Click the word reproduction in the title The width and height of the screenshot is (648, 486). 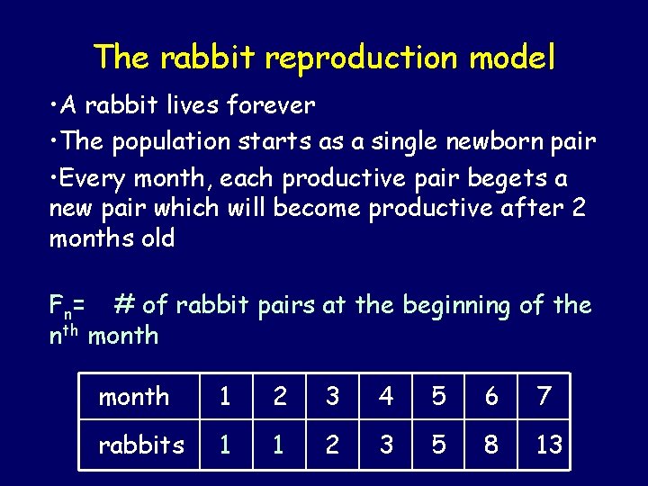click(x=363, y=58)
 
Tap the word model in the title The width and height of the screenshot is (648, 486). click(x=512, y=58)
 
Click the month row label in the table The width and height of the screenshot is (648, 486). click(x=134, y=396)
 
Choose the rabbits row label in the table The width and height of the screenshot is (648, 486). click(x=140, y=445)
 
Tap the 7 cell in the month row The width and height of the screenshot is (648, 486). click(x=544, y=396)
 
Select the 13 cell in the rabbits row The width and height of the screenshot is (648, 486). click(x=548, y=445)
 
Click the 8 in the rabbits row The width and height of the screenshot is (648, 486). click(x=491, y=445)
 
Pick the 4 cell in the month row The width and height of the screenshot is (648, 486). click(x=385, y=396)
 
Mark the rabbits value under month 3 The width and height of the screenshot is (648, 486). click(x=332, y=445)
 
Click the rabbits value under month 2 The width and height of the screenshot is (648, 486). click(x=280, y=445)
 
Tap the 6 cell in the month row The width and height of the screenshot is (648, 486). click(x=491, y=396)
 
